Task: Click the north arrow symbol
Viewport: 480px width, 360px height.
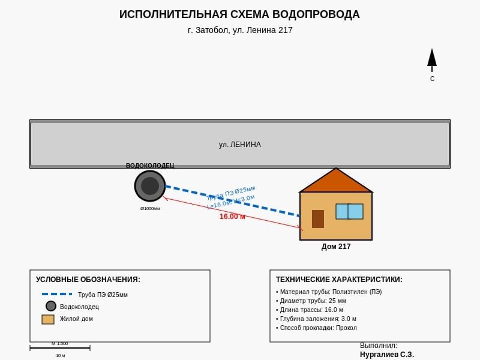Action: point(431,59)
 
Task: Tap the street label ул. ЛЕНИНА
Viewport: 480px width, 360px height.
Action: point(239,145)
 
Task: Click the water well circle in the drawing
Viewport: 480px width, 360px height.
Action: point(150,186)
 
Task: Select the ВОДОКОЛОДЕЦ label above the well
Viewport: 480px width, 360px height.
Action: point(150,166)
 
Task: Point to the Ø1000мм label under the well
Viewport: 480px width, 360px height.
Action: point(150,209)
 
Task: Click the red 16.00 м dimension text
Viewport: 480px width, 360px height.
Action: point(232,217)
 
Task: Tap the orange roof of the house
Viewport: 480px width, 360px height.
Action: point(336,182)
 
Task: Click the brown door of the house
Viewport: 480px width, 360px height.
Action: point(318,219)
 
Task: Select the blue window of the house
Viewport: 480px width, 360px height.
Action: point(349,211)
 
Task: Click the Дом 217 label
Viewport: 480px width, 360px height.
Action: point(336,247)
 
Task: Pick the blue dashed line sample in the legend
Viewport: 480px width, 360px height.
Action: point(57,294)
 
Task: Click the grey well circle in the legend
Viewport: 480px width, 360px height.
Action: point(51,306)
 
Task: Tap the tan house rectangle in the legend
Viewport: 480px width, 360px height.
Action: point(48,319)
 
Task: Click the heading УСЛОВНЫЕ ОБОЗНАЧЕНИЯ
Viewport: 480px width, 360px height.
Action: point(88,280)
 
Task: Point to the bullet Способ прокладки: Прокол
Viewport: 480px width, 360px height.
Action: point(317,328)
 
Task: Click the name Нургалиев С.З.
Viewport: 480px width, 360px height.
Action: point(387,355)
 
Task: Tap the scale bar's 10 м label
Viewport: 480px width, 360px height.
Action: point(60,356)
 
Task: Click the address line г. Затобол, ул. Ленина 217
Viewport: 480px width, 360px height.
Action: point(240,30)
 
